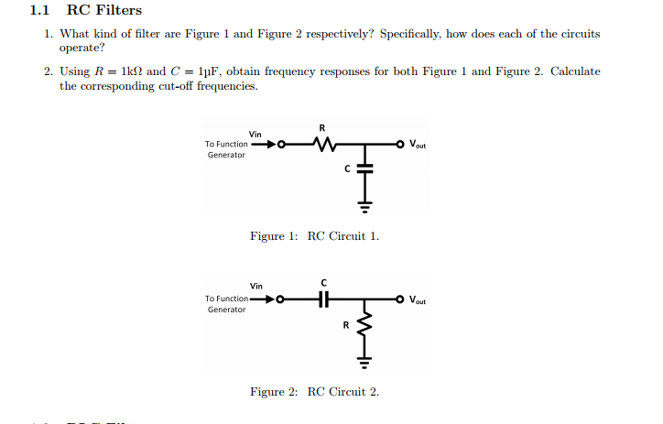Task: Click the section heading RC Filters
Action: click(104, 11)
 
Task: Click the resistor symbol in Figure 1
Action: click(322, 144)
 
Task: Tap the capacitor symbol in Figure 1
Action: click(364, 169)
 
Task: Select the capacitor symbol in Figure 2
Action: click(322, 299)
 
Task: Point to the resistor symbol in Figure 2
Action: click(364, 325)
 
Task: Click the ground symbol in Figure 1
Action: click(364, 206)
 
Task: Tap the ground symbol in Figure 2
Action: click(364, 361)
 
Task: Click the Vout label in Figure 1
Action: click(418, 145)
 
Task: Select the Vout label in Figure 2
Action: click(418, 299)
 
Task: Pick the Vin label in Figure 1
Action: click(255, 134)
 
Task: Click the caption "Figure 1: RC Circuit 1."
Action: click(314, 236)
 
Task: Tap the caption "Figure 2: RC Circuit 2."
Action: click(314, 392)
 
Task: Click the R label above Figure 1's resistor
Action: click(322, 126)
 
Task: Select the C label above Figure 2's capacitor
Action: click(323, 281)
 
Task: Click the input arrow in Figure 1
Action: click(263, 144)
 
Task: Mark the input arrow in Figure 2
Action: click(263, 299)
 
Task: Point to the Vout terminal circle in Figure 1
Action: click(400, 144)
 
